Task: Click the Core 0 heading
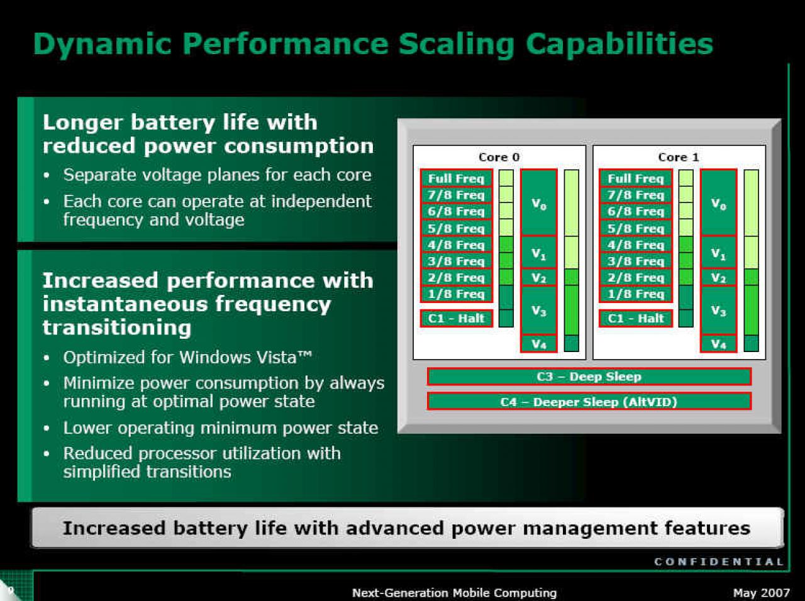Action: tap(499, 157)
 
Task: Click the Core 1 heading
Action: tap(679, 157)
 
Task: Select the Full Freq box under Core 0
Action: tap(456, 179)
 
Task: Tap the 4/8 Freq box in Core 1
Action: tap(636, 245)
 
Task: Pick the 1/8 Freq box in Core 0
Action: tap(456, 294)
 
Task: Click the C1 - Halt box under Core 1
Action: tap(636, 318)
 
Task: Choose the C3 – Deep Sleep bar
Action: tap(589, 377)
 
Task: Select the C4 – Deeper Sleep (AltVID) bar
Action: tap(589, 402)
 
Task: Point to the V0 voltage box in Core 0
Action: tap(539, 202)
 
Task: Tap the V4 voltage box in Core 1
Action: tap(718, 344)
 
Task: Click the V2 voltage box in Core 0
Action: tap(539, 278)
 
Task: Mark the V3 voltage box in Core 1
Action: tap(718, 311)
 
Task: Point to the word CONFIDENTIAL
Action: tap(719, 562)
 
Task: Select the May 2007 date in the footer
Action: tap(762, 593)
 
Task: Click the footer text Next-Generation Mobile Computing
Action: tap(455, 593)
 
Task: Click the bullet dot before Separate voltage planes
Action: tap(46, 175)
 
